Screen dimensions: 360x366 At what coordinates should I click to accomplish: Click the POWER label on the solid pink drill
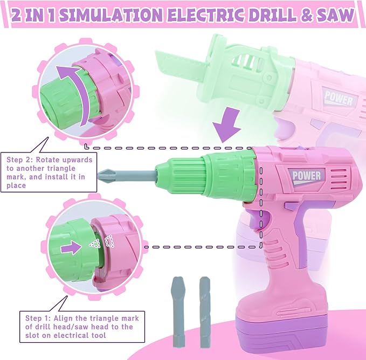pos(307,176)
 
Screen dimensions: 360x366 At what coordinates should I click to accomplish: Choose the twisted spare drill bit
pos(204,311)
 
